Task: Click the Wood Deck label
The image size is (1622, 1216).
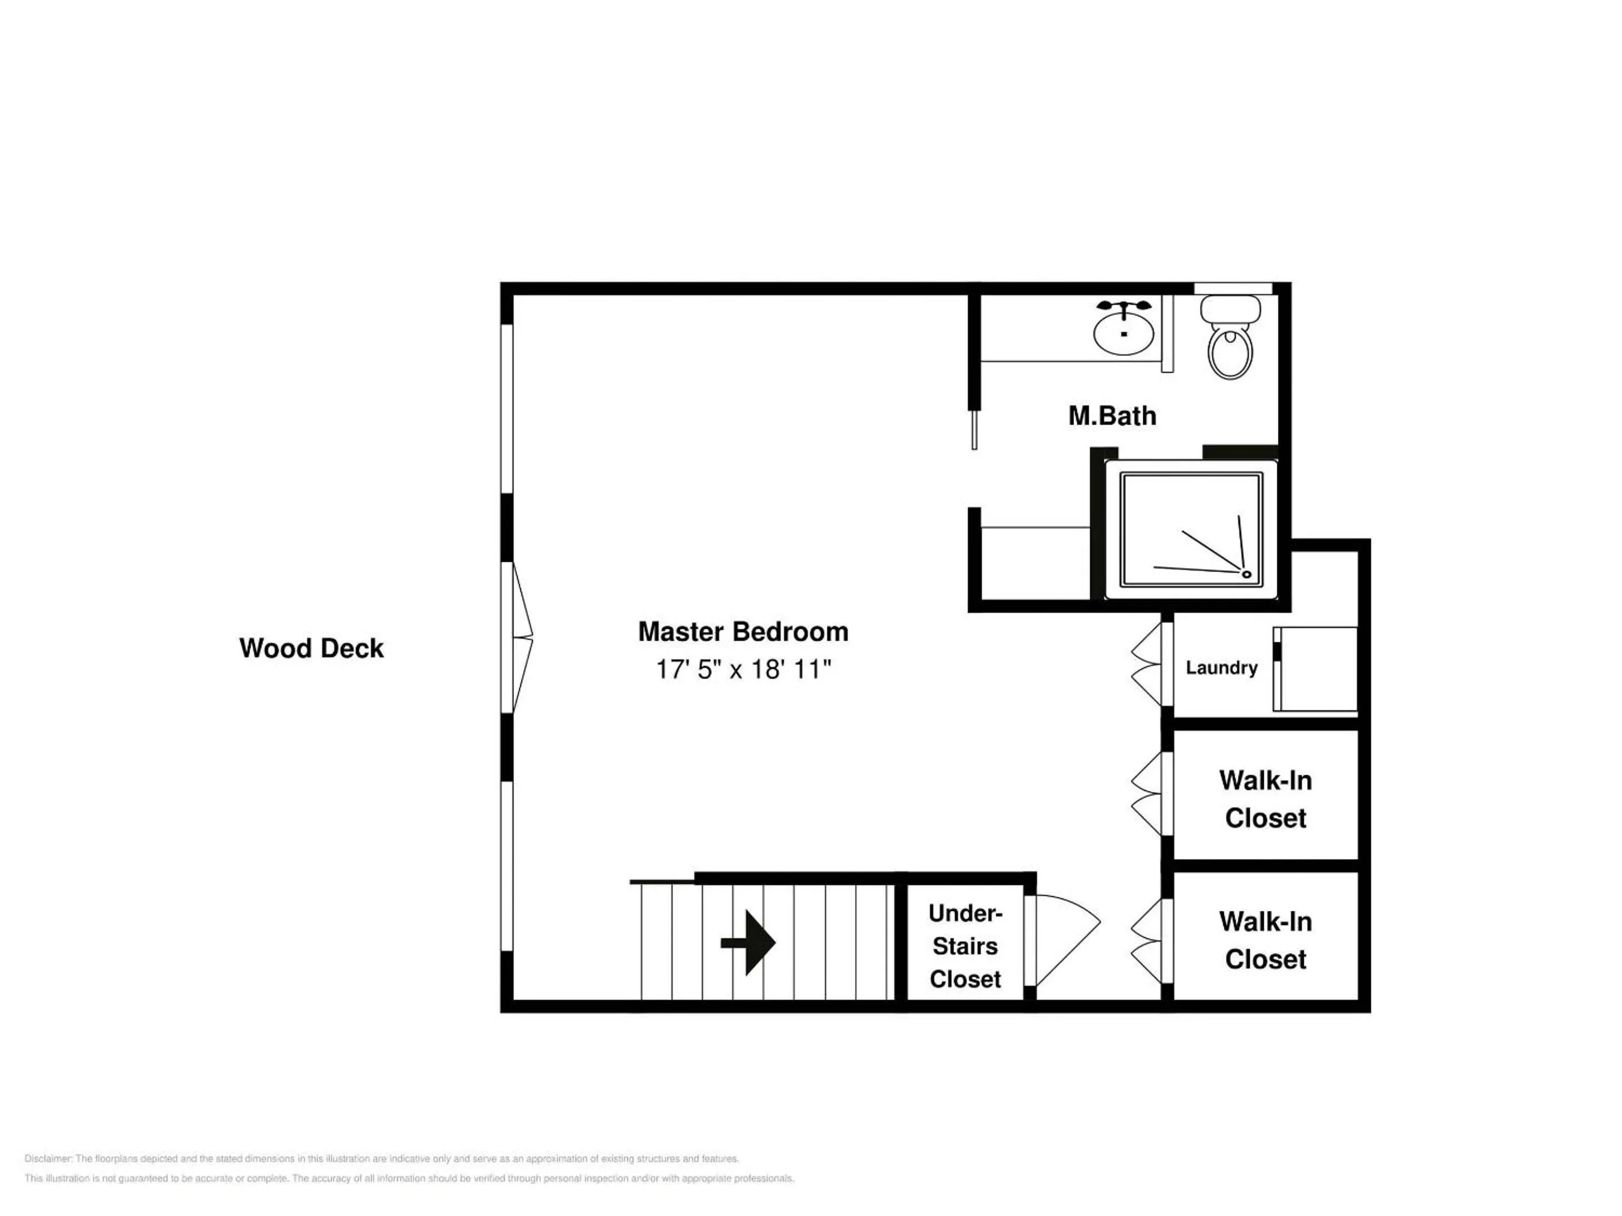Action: pos(311,648)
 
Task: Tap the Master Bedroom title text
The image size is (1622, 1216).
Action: pos(743,632)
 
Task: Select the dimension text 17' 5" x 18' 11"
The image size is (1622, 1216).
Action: pos(743,669)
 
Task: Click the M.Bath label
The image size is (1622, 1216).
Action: pos(1112,415)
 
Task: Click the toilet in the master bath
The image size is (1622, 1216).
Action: pos(1231,337)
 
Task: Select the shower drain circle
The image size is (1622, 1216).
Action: pos(1246,574)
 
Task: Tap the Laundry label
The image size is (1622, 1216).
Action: pos(1222,668)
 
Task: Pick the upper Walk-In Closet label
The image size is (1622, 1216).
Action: pos(1265,799)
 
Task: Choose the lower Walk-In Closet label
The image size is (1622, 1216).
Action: pos(1265,940)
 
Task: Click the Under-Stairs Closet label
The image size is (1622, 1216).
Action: pos(965,946)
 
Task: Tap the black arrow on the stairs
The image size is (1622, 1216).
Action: pos(748,942)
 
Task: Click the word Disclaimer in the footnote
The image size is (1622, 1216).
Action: pos(48,1159)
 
